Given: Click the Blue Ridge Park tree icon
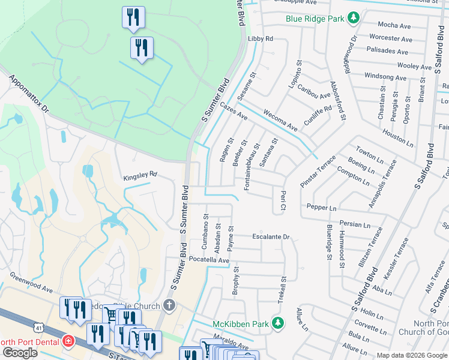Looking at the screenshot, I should click(x=354, y=18).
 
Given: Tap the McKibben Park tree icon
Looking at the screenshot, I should click(x=277, y=323).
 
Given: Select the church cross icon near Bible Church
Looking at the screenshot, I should click(x=170, y=305).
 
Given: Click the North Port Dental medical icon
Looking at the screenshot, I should click(x=68, y=342).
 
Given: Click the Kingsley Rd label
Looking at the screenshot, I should click(x=140, y=175).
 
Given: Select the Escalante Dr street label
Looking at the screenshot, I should click(x=271, y=237).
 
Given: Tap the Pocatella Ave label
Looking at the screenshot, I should click(x=209, y=260).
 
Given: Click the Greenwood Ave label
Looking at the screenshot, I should click(x=31, y=283).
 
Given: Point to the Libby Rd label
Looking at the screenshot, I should click(x=260, y=38).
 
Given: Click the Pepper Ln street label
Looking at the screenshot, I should click(x=321, y=208).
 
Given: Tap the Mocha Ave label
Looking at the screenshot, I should click(x=394, y=25).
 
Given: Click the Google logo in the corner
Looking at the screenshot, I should click(x=20, y=353).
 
